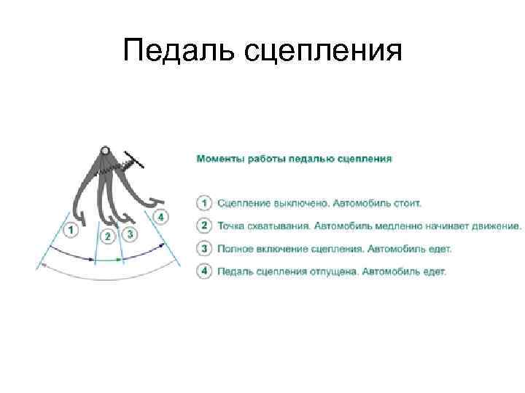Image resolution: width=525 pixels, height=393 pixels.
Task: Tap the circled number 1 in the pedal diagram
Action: tap(71, 230)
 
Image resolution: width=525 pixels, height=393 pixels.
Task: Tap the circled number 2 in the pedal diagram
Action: tap(108, 237)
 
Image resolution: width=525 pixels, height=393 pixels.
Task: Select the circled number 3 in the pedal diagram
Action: tap(130, 234)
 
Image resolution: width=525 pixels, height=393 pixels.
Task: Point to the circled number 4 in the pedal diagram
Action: tap(161, 217)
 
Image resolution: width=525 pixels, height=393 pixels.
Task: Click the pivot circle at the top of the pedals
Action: tap(105, 151)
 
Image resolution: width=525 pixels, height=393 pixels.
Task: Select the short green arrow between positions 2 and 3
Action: tap(108, 259)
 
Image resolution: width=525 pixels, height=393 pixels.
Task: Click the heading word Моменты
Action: tap(219, 157)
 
